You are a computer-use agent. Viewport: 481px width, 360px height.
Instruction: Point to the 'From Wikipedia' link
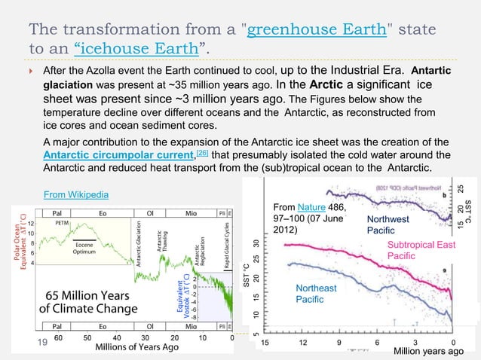pyautogui.click(x=75, y=195)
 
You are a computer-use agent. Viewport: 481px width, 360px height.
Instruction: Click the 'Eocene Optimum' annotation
pyautogui.click(x=83, y=248)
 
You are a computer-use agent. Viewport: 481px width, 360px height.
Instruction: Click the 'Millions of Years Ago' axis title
pyautogui.click(x=136, y=348)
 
